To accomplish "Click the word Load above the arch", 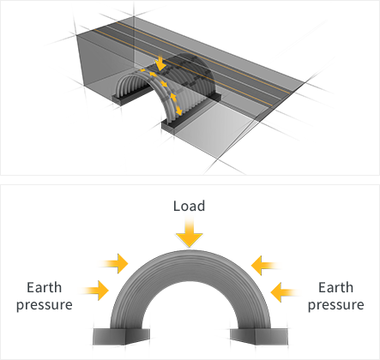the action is (x=189, y=206).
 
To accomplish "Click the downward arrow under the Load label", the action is (x=189, y=233).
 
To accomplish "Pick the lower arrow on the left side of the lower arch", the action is (x=95, y=291).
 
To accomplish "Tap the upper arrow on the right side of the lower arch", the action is (x=266, y=266).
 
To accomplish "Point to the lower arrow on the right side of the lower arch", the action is (x=286, y=292).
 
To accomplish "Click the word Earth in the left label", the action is (x=44, y=287).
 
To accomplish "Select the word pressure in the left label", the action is (x=45, y=305).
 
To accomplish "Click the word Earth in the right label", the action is (x=335, y=287).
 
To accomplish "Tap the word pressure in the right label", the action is (x=336, y=305).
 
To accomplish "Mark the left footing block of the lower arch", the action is (x=121, y=336).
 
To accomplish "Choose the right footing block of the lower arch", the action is (x=259, y=336).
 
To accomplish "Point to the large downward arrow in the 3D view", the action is (x=160, y=63).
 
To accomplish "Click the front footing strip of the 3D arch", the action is (x=191, y=117).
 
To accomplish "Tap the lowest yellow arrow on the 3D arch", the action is (x=178, y=111).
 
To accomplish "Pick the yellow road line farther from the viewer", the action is (x=207, y=57).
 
